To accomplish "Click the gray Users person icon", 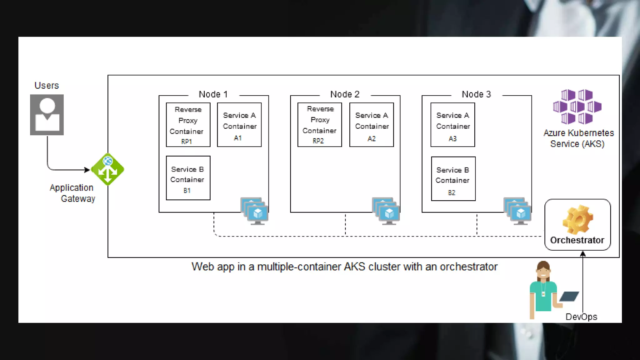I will click(47, 115).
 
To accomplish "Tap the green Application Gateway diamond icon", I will click(107, 169).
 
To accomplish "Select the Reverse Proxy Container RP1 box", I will click(188, 125).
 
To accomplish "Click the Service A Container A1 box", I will click(239, 125).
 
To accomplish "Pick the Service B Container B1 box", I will click(188, 178).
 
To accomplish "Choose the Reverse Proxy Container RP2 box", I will click(319, 125).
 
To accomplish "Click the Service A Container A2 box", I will click(371, 125).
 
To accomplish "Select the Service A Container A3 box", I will click(452, 125).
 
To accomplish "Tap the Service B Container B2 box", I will click(453, 179).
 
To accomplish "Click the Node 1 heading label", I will click(213, 94).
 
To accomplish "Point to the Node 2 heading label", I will click(345, 94).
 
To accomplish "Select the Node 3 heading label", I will click(476, 94).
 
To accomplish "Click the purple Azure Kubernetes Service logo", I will click(577, 107).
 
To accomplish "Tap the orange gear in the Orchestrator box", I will click(577, 219).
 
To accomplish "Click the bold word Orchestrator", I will click(577, 240).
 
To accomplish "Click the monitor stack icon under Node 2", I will click(386, 211).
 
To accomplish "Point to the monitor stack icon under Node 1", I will click(255, 211).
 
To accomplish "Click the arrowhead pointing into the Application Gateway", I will click(87, 170).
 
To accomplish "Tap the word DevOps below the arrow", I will click(581, 317).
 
